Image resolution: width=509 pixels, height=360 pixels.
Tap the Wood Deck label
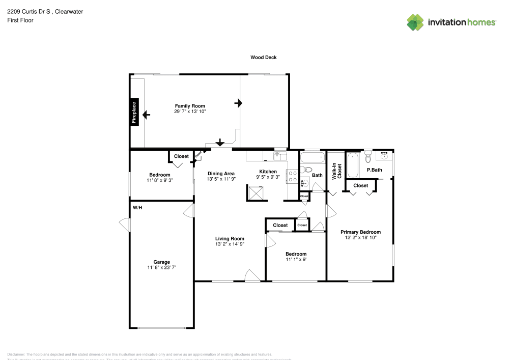click(263, 58)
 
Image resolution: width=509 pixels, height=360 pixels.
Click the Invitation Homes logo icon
click(415, 22)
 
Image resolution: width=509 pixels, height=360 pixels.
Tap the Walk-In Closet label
click(336, 171)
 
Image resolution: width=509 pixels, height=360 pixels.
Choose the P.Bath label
click(374, 170)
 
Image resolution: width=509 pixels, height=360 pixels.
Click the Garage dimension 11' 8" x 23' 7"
click(162, 267)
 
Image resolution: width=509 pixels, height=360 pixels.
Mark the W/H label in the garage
click(137, 208)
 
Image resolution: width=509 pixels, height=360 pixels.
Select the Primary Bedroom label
click(360, 232)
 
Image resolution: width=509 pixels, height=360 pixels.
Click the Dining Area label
click(220, 174)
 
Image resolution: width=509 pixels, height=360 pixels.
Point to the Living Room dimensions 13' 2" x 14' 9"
click(230, 244)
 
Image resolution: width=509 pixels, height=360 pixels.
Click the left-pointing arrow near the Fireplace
click(147, 115)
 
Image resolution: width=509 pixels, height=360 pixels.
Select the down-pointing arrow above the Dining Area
click(220, 142)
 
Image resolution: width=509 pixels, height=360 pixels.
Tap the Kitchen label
click(268, 172)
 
